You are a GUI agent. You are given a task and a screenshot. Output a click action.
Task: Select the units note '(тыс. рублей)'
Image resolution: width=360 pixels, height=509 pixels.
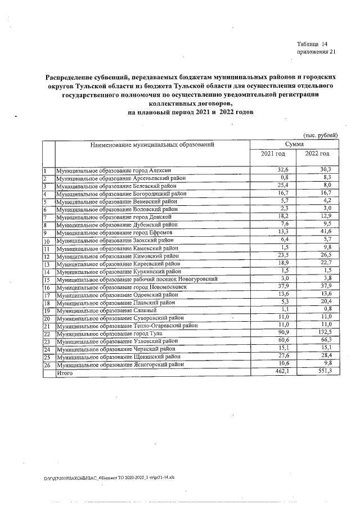pyautogui.click(x=321, y=135)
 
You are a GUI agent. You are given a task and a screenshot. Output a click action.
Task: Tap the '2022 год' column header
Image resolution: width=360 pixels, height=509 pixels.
pyautogui.click(x=317, y=154)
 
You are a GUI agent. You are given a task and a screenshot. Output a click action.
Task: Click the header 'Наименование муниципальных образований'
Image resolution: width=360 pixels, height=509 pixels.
pyautogui.click(x=151, y=145)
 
